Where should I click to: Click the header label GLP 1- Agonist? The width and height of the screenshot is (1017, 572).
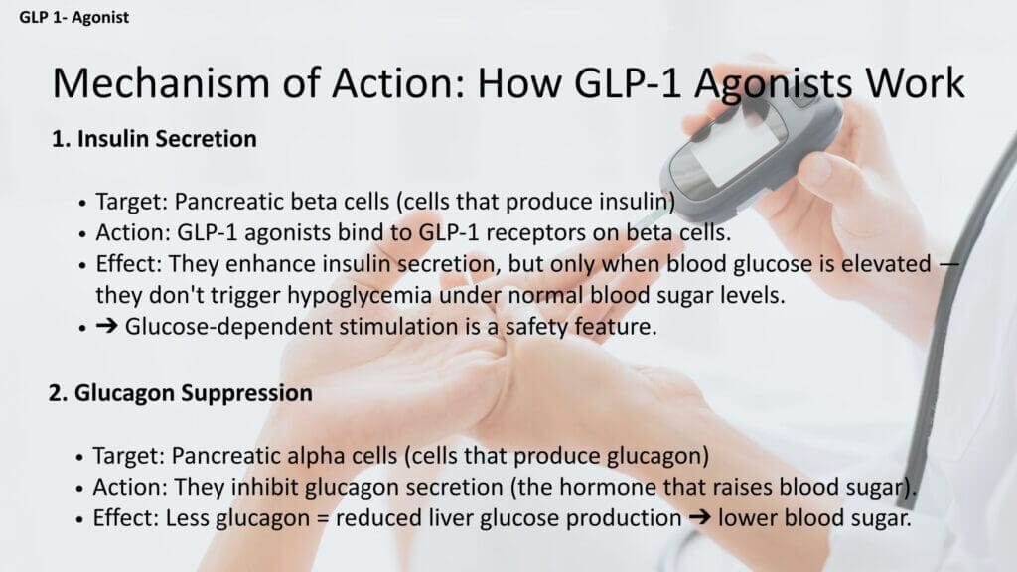(x=73, y=17)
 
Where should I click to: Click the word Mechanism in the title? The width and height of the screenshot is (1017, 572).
(x=161, y=83)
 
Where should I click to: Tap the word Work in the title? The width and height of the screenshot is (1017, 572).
(x=915, y=83)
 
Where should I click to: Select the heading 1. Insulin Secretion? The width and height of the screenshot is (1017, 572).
(x=154, y=139)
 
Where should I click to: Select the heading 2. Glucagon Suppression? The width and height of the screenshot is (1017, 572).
(x=181, y=393)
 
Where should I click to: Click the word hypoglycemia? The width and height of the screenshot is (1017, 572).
(x=360, y=296)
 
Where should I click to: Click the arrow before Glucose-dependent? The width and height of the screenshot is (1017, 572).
(x=106, y=326)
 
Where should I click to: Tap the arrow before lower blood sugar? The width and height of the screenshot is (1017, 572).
(x=700, y=517)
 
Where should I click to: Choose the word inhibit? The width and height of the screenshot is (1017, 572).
(x=264, y=487)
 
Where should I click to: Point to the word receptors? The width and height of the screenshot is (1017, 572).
(x=539, y=232)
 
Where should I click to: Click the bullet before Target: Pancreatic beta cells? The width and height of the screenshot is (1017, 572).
(x=82, y=203)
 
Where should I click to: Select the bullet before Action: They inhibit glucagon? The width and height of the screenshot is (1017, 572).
(x=79, y=489)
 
